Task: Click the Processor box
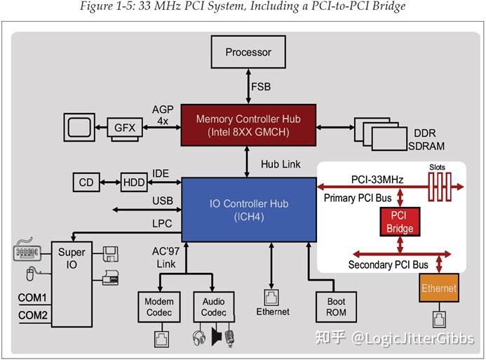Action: point(248,53)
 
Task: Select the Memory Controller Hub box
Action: point(248,125)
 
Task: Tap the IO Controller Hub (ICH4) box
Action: point(248,209)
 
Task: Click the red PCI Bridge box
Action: point(399,222)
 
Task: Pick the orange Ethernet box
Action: point(439,288)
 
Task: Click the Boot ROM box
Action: point(336,307)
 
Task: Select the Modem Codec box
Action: point(159,307)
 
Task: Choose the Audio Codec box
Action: point(213,307)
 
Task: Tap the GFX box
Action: point(126,128)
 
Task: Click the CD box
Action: point(86,182)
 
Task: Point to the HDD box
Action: point(134,182)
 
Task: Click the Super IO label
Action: point(72,258)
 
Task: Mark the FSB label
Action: point(261,87)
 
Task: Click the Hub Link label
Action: point(281,164)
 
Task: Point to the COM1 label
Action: point(32,298)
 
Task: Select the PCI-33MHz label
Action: point(377,180)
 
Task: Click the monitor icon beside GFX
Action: point(79,127)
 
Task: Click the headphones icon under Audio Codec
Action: point(198,338)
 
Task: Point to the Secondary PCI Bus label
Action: point(388,265)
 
